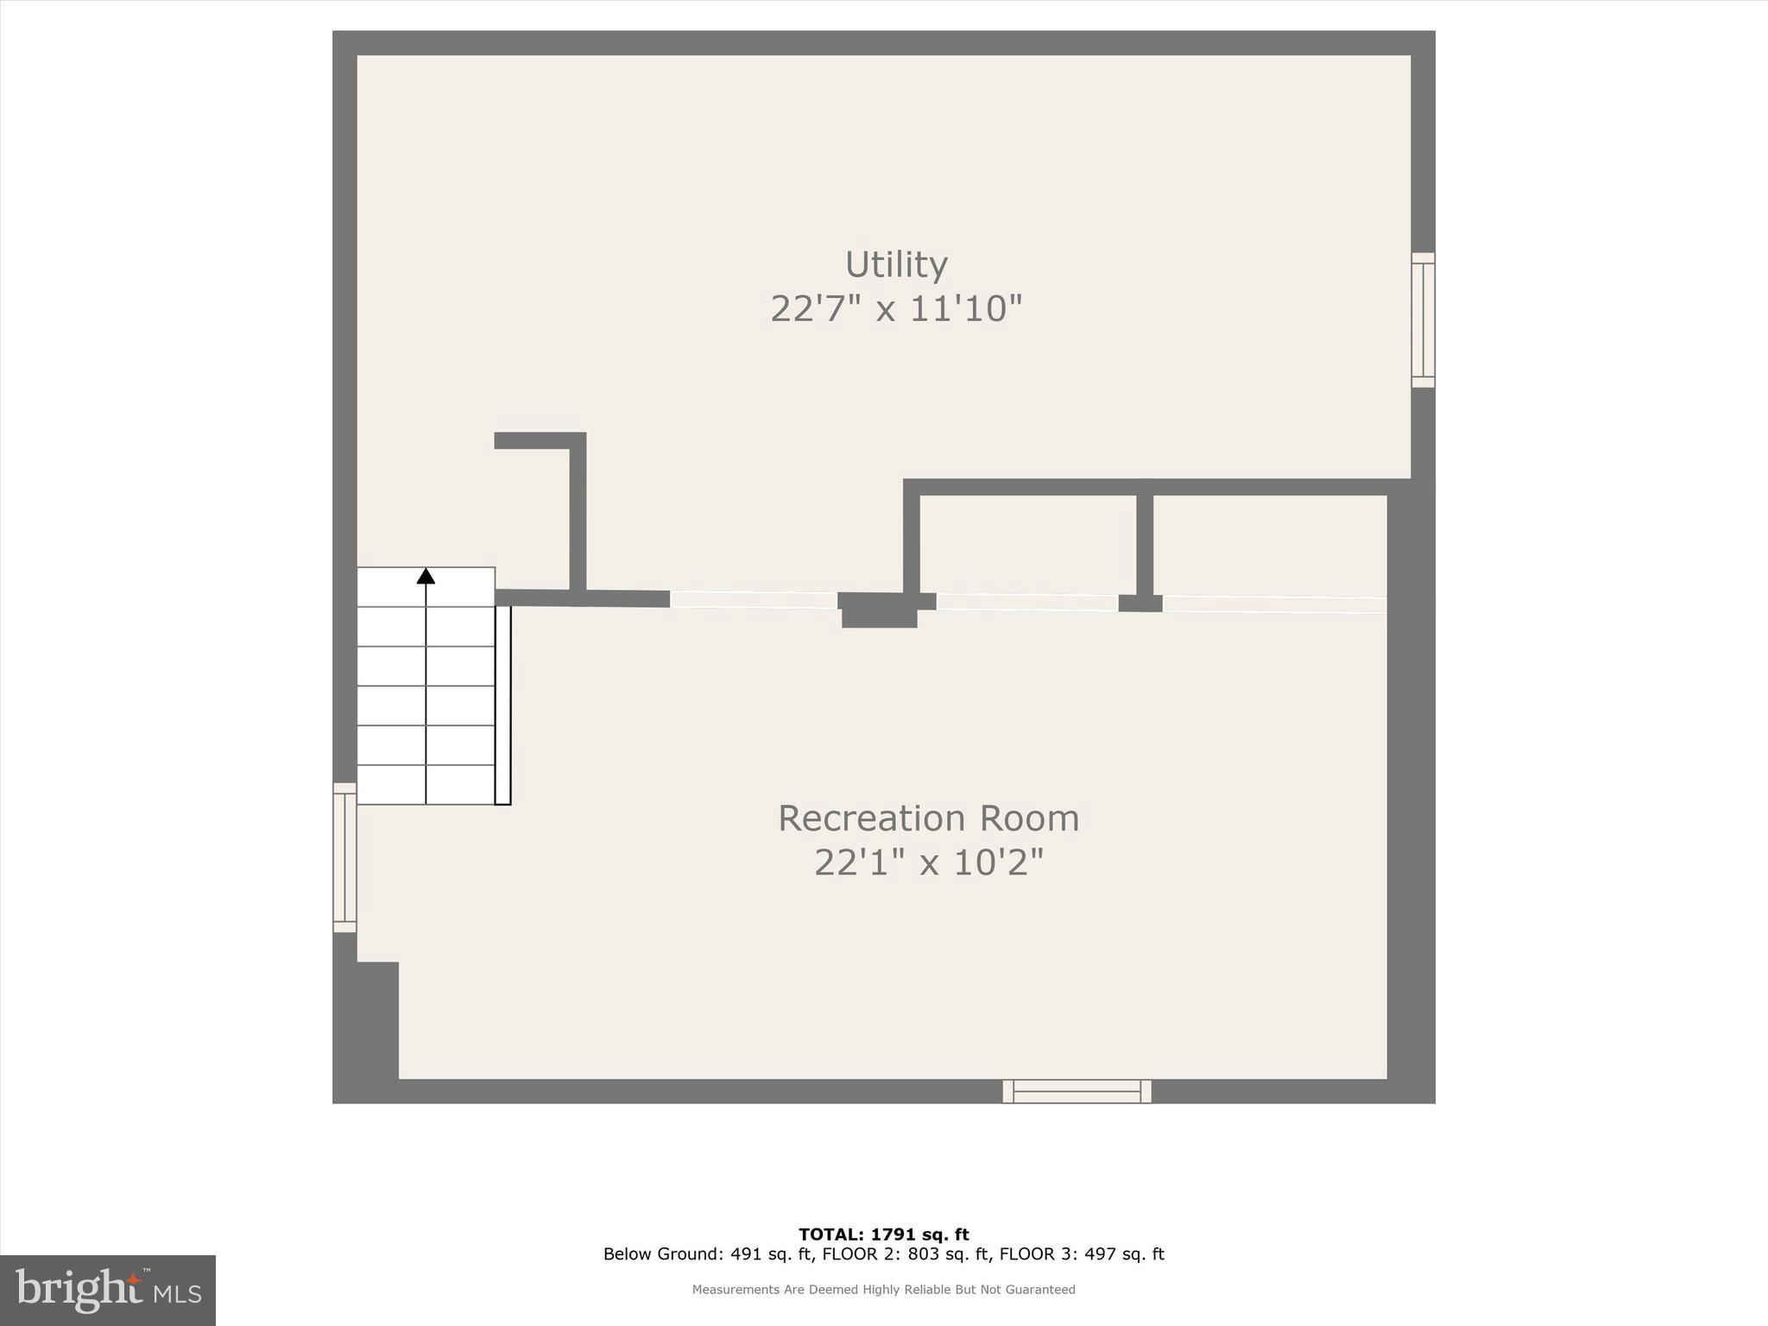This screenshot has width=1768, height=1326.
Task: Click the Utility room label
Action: pyautogui.click(x=896, y=264)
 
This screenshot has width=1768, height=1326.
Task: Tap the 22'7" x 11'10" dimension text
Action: pyautogui.click(x=896, y=309)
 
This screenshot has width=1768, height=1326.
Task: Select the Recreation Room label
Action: pyautogui.click(x=928, y=818)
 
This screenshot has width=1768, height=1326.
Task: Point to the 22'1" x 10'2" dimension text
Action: pyautogui.click(x=928, y=862)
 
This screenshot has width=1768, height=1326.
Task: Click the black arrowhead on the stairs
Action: pyautogui.click(x=426, y=576)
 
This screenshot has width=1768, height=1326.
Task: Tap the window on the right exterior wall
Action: pyautogui.click(x=1423, y=320)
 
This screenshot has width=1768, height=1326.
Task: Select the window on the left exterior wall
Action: pyautogui.click(x=344, y=857)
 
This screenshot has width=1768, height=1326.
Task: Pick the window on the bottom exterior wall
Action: pyautogui.click(x=1077, y=1091)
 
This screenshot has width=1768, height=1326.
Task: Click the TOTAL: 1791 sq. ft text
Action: pyautogui.click(x=883, y=1234)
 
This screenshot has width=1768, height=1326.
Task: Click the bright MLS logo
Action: pyautogui.click(x=108, y=1290)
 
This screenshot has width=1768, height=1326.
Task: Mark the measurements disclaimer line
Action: pyautogui.click(x=883, y=1290)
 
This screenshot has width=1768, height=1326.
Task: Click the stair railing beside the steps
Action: pyautogui.click(x=502, y=704)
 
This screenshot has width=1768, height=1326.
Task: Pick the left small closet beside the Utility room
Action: pyautogui.click(x=1027, y=544)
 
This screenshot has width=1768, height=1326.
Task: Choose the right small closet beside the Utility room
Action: pyautogui.click(x=1269, y=544)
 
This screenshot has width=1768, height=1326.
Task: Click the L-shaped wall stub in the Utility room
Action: pyautogui.click(x=578, y=509)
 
